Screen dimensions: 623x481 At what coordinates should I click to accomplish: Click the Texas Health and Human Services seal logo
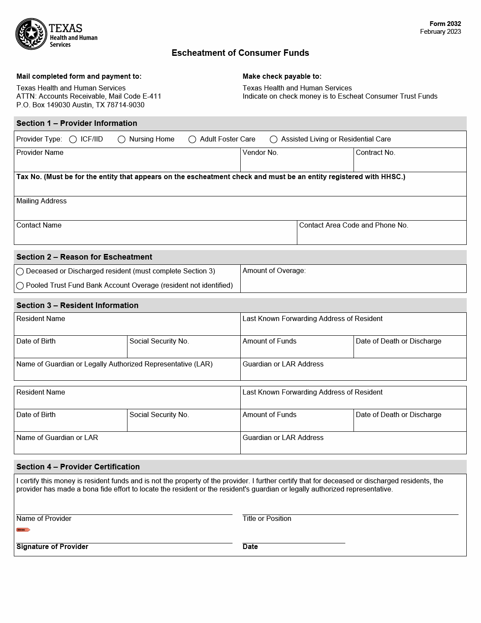[31, 34]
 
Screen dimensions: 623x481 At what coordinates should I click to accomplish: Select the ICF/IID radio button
[73, 139]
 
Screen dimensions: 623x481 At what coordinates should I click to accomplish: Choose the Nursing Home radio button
[121, 139]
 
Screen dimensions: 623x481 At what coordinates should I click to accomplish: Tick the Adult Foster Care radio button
[192, 139]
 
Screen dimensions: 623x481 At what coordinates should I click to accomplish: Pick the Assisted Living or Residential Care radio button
[274, 139]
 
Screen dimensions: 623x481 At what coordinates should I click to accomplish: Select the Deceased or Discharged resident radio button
[20, 272]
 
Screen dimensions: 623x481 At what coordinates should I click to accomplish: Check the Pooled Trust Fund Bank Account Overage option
[20, 286]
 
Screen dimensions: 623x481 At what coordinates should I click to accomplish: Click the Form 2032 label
[445, 24]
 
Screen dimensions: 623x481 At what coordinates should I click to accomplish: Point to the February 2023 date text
[440, 32]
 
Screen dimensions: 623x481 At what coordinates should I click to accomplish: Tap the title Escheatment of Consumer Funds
[240, 53]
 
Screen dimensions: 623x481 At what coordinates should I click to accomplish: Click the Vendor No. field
[297, 164]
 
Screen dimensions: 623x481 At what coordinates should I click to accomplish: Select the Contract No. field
[410, 164]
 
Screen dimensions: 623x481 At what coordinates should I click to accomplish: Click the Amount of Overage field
[353, 283]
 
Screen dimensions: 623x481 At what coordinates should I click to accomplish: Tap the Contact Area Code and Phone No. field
[382, 236]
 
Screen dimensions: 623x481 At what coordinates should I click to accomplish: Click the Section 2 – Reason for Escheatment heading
[84, 257]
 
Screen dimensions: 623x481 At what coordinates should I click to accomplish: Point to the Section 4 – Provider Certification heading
[78, 467]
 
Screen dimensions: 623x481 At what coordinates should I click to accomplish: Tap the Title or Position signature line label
[267, 518]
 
